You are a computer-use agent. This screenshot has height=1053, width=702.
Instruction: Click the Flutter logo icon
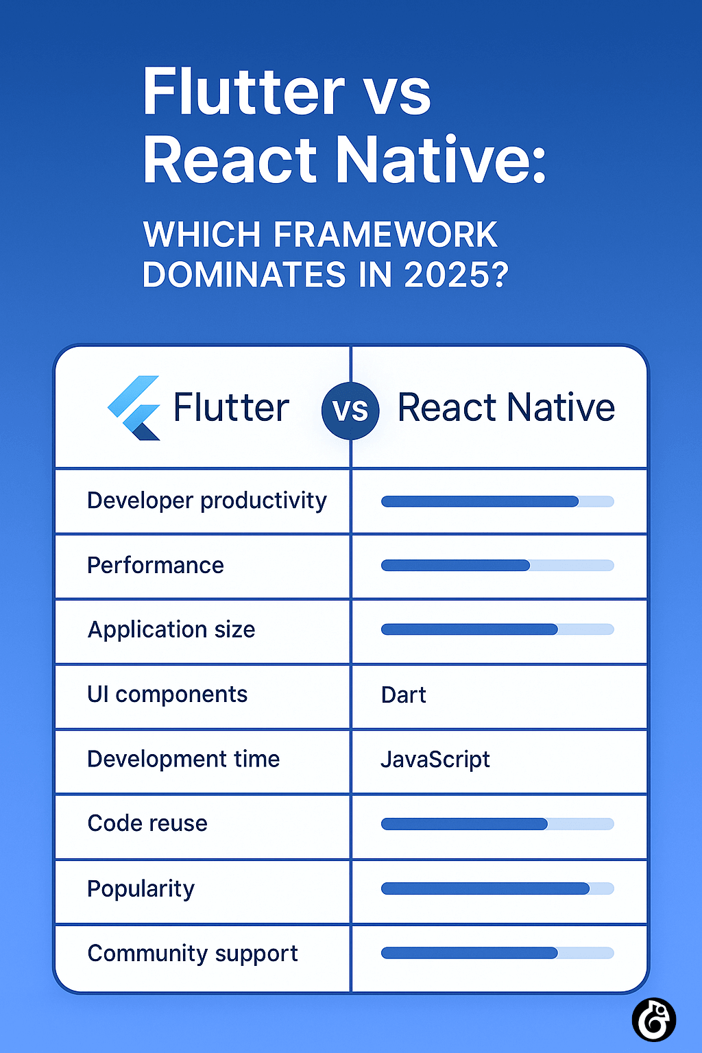pyautogui.click(x=134, y=408)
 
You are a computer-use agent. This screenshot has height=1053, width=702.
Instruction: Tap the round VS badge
pyautogui.click(x=350, y=411)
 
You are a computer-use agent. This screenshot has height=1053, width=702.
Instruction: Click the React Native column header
pyautogui.click(x=506, y=407)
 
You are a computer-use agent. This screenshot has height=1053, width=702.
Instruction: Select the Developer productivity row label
pyautogui.click(x=207, y=500)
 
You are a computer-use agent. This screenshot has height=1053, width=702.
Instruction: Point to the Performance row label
pyautogui.click(x=156, y=566)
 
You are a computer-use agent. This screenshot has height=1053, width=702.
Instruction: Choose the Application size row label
pyautogui.click(x=171, y=629)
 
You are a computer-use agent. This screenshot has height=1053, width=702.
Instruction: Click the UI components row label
pyautogui.click(x=167, y=694)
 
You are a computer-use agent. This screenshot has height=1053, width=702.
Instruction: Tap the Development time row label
pyautogui.click(x=184, y=759)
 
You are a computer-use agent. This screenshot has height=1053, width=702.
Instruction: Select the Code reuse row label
pyautogui.click(x=147, y=823)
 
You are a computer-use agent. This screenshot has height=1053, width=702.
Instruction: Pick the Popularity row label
pyautogui.click(x=141, y=888)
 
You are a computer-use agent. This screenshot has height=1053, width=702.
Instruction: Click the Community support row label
pyautogui.click(x=193, y=953)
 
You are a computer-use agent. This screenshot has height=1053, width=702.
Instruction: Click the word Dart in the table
pyautogui.click(x=403, y=695)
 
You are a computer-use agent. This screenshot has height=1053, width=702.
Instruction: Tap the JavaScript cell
pyautogui.click(x=435, y=760)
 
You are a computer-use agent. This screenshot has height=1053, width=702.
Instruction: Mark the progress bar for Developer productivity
pyautogui.click(x=497, y=501)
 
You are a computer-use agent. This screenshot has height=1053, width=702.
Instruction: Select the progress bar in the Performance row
pyautogui.click(x=497, y=566)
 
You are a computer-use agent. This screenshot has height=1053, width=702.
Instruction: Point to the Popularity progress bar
pyautogui.click(x=497, y=888)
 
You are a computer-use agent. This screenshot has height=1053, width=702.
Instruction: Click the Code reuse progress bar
pyautogui.click(x=497, y=824)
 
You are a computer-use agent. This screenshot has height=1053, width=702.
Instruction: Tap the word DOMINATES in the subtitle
pyautogui.click(x=244, y=276)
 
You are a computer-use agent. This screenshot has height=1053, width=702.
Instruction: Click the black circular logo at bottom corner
pyautogui.click(x=653, y=1019)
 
